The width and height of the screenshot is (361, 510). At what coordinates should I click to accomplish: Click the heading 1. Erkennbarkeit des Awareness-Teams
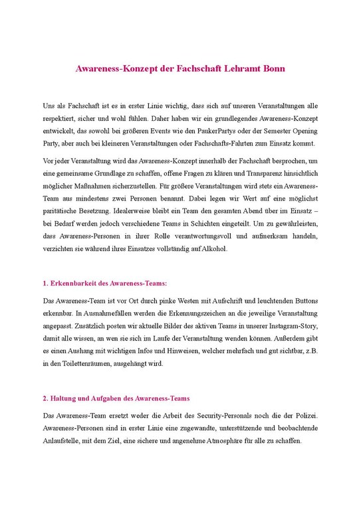pyautogui.click(x=100, y=283)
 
